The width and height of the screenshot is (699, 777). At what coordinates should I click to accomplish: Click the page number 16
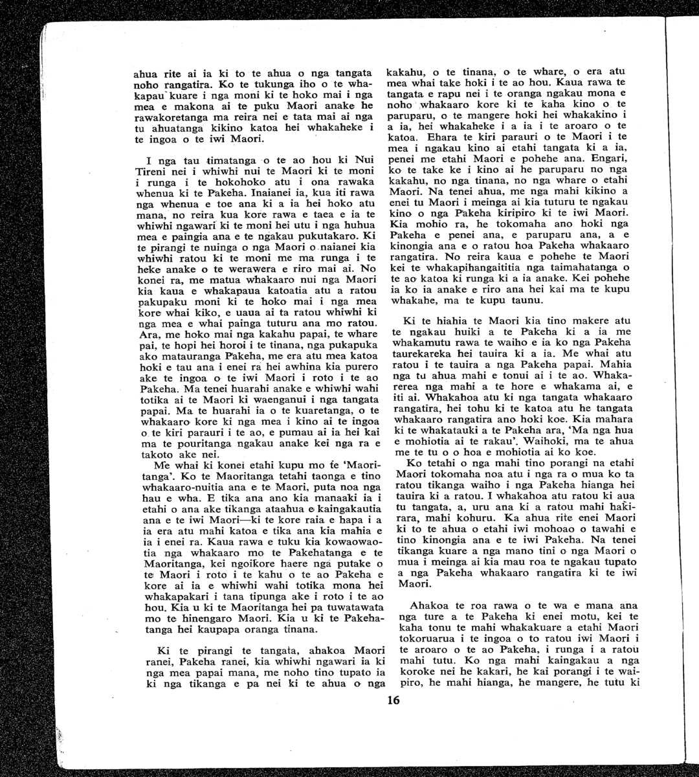(x=394, y=700)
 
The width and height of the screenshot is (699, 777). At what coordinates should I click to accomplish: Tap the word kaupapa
(x=197, y=629)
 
